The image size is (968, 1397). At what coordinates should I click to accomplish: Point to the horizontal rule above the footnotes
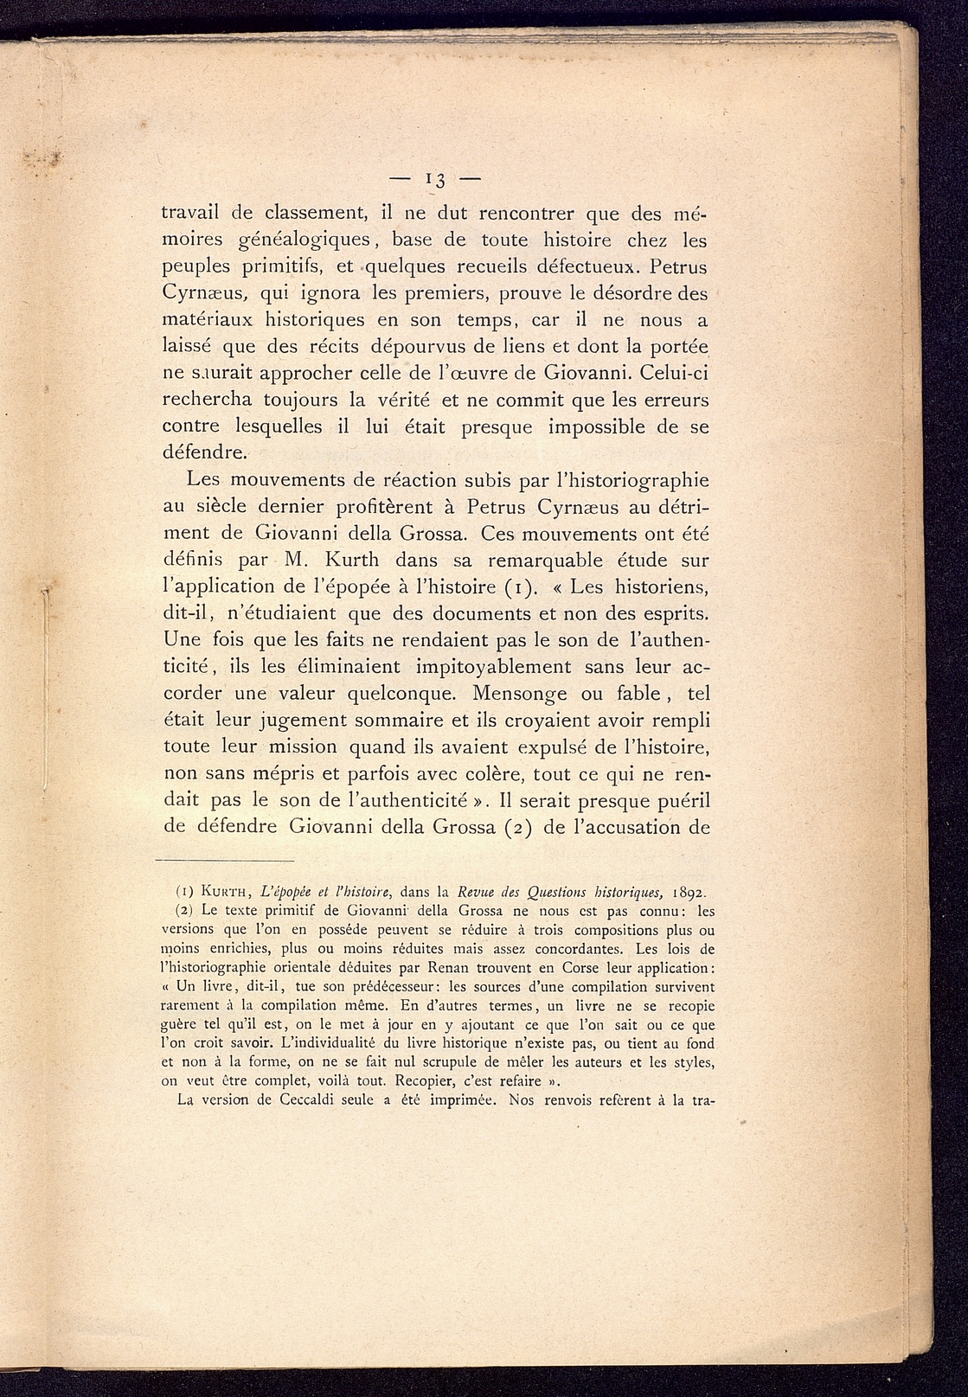point(225,861)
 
